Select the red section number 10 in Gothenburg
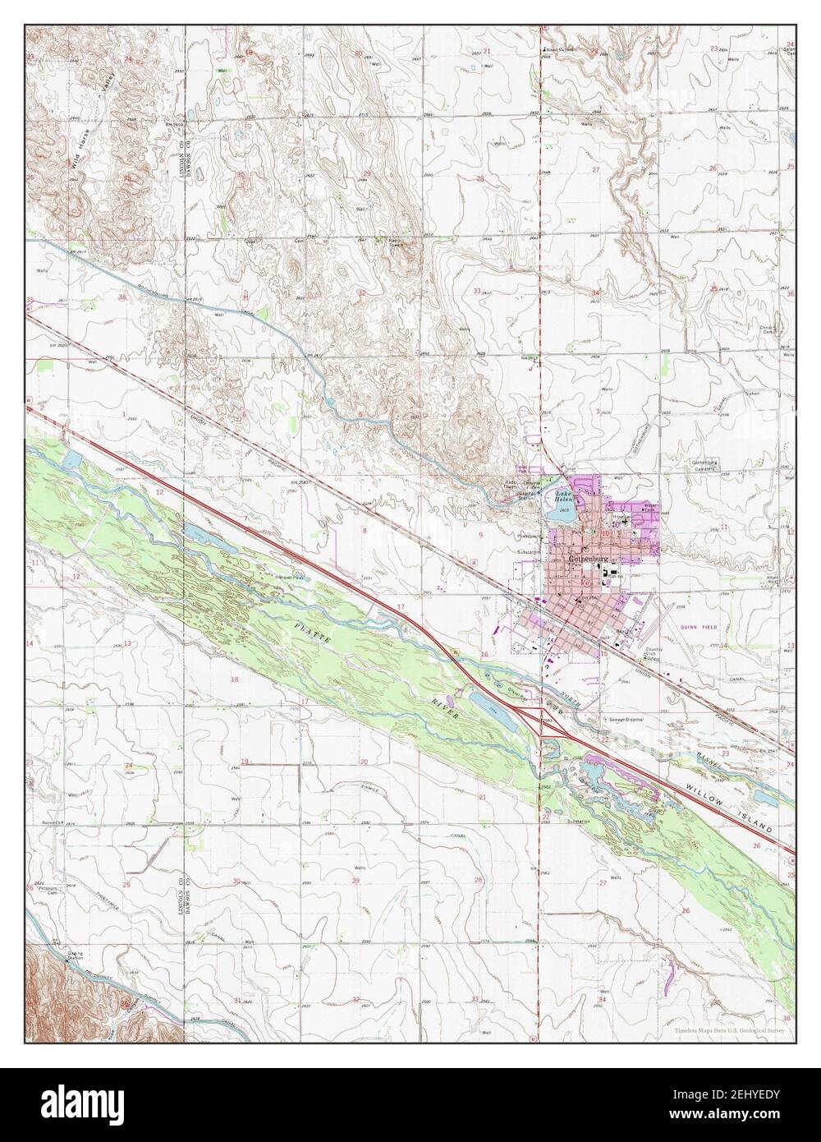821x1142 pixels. [x=605, y=533]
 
